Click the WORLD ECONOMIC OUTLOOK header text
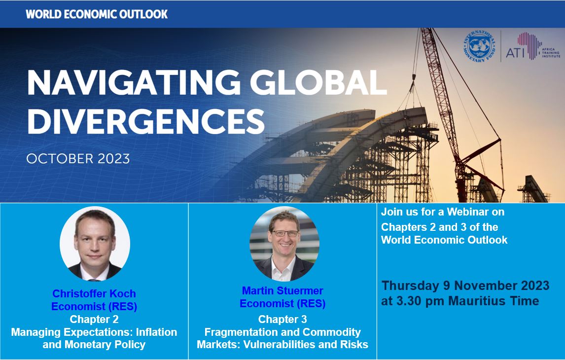[97, 14]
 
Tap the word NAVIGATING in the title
[134, 82]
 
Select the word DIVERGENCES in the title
[146, 121]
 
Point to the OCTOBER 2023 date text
[78, 159]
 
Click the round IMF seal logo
[479, 47]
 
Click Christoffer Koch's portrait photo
[95, 244]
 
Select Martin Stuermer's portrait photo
[284, 244]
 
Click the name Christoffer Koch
[94, 293]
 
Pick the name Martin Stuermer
[282, 290]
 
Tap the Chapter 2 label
[94, 319]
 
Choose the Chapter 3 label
[282, 319]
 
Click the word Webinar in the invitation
[462, 212]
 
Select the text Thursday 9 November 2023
[465, 286]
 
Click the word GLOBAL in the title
[318, 82]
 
